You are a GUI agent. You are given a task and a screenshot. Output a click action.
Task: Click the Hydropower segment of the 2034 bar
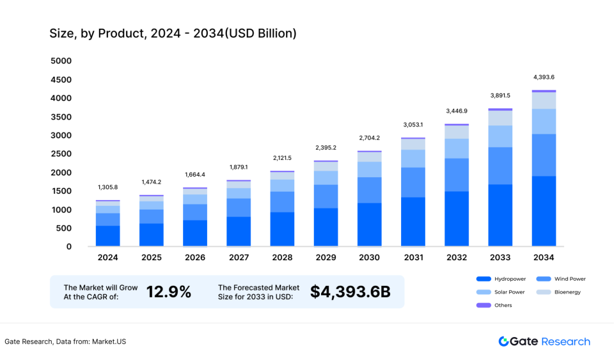point(544,211)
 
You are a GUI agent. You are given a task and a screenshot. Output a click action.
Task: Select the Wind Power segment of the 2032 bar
point(457,175)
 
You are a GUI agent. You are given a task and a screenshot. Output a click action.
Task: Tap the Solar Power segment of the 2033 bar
point(500,136)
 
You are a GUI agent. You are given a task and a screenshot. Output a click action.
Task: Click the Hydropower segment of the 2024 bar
point(107,236)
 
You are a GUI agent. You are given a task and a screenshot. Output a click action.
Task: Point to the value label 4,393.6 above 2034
point(544,77)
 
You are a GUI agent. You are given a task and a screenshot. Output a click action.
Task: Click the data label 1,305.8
point(107,187)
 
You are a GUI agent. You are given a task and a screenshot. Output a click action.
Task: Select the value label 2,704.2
point(369,137)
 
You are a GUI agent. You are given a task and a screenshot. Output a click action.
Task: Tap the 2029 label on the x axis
point(326,258)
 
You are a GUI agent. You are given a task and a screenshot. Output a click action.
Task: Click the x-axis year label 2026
point(195,258)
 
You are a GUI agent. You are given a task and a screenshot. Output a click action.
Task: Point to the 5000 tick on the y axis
point(61,61)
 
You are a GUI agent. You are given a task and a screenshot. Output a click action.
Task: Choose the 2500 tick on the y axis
point(61,154)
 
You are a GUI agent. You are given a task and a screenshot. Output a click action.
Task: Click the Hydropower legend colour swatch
point(484,279)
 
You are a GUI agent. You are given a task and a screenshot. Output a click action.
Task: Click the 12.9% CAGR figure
point(169,292)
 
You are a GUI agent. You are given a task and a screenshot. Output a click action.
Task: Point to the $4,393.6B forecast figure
point(350,292)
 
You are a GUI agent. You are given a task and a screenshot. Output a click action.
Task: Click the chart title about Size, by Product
point(173,33)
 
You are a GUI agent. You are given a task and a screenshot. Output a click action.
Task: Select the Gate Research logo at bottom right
point(544,341)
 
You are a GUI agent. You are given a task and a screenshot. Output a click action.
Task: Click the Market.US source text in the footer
point(109,341)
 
